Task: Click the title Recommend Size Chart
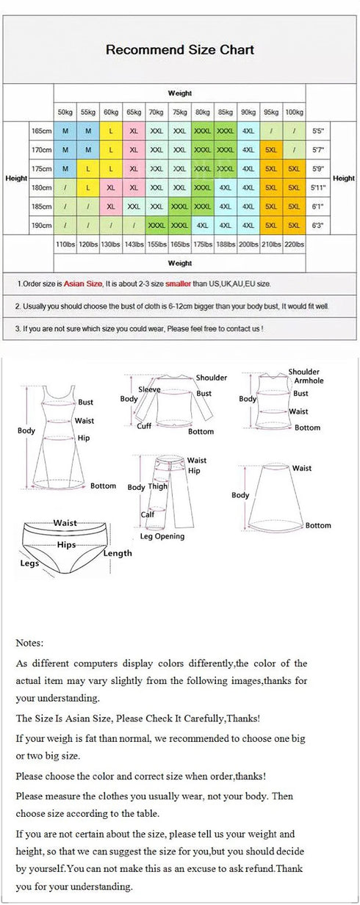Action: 180,50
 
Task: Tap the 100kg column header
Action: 294,112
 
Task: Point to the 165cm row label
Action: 41,131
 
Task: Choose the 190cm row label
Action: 41,226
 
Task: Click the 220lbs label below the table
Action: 294,244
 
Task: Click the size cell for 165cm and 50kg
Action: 65,131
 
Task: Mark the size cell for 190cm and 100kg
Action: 294,226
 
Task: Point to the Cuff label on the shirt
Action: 145,426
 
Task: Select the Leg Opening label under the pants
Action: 162,536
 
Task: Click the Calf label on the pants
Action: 148,515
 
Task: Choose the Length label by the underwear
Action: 118,553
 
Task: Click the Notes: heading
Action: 29,643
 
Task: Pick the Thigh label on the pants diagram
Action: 158,486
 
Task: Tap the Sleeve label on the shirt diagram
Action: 149,390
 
